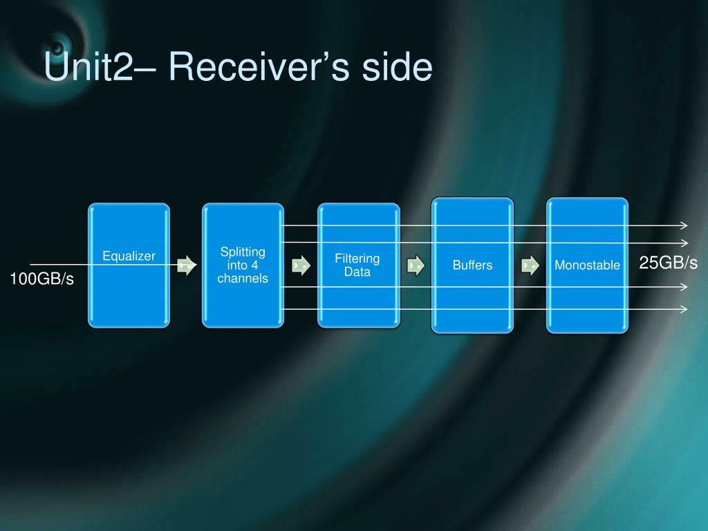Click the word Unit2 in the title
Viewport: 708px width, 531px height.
click(x=88, y=66)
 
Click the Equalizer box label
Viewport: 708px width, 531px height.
click(x=129, y=256)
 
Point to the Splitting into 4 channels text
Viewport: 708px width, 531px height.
click(x=243, y=265)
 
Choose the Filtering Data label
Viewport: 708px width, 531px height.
click(x=357, y=265)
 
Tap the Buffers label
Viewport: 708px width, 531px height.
click(x=472, y=265)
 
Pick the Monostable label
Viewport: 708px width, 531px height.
click(x=587, y=265)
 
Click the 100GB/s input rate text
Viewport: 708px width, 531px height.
click(x=41, y=279)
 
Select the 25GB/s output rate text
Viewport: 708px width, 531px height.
click(x=669, y=262)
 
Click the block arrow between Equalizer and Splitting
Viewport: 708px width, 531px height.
click(x=187, y=265)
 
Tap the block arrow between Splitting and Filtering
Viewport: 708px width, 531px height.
click(x=301, y=265)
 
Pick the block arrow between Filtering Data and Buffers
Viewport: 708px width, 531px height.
click(x=416, y=265)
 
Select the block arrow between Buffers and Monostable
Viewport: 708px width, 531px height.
click(x=530, y=265)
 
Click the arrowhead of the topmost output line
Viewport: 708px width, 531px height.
click(x=685, y=225)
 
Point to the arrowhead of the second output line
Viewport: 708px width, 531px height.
click(x=685, y=243)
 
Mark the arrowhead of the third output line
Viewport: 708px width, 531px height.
click(x=684, y=287)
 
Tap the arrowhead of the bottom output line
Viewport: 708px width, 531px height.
click(x=684, y=309)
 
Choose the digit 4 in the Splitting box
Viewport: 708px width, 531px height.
click(x=254, y=265)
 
